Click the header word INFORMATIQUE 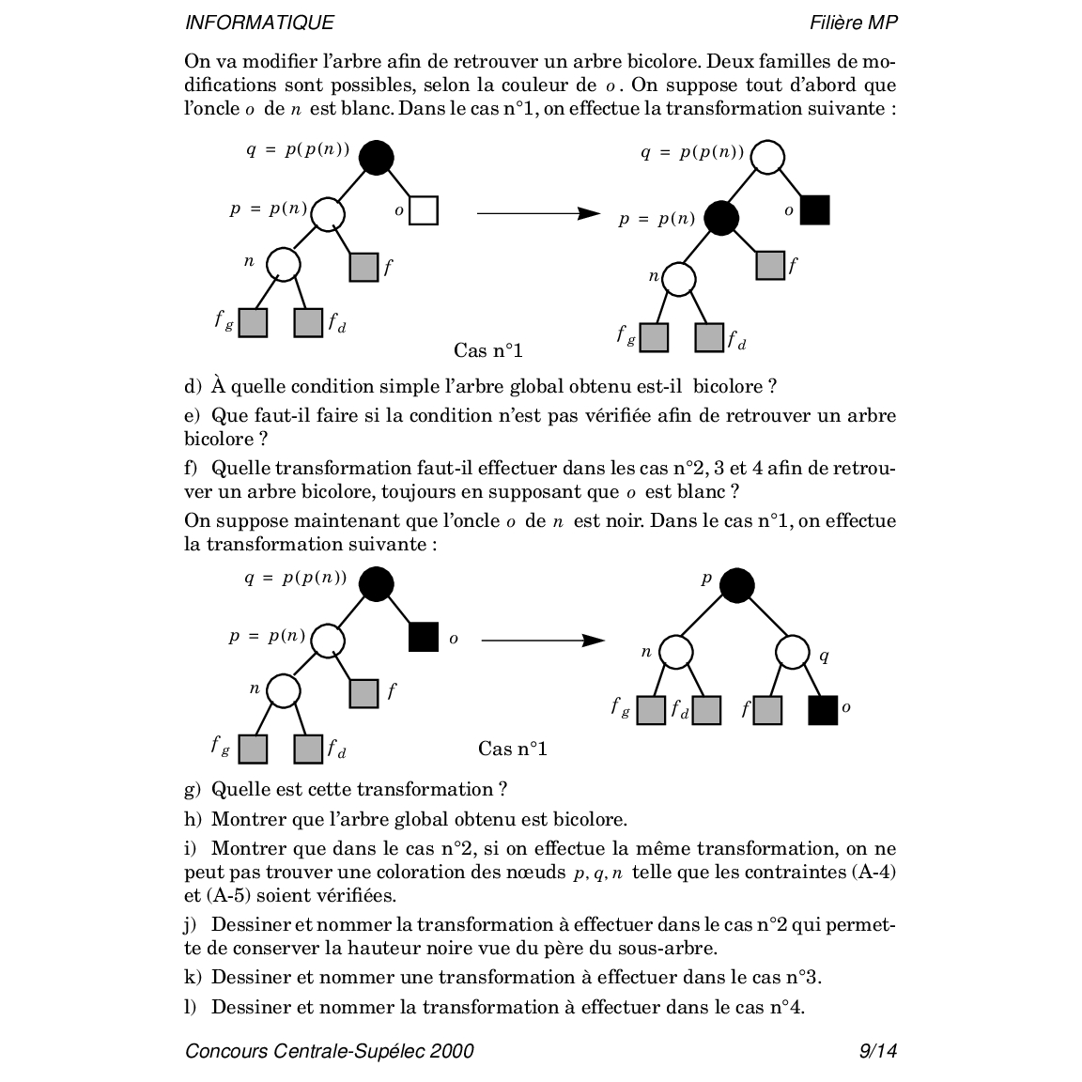[259, 23]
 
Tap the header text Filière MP [853, 23]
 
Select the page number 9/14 [877, 1050]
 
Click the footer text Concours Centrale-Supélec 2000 [330, 1050]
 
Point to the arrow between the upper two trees [538, 213]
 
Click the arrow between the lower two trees [542, 641]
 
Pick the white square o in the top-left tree [424, 210]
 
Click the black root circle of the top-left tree [376, 158]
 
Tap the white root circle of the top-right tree [767, 158]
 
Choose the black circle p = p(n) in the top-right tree [721, 219]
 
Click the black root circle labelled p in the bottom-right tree [736, 585]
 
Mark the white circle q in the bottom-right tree [793, 652]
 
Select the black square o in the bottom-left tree [424, 637]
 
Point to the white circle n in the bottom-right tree [676, 652]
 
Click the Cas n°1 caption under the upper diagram [487, 350]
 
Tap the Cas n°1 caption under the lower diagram [512, 749]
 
